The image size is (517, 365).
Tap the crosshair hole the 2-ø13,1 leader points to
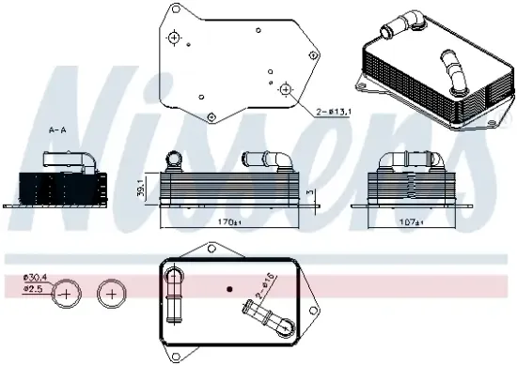click(287, 88)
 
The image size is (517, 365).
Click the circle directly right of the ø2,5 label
click(67, 294)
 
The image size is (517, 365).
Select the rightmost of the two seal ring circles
click(112, 294)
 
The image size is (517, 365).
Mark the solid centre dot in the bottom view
click(228, 287)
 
